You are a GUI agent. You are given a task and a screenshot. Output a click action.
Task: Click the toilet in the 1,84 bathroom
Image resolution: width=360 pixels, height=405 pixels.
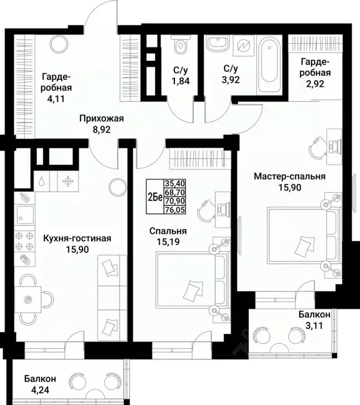click(180, 46)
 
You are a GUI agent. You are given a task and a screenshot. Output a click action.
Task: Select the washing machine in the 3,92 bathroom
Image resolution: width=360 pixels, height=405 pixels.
click(244, 46)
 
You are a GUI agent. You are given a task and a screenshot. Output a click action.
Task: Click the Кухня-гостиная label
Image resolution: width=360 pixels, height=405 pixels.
click(77, 238)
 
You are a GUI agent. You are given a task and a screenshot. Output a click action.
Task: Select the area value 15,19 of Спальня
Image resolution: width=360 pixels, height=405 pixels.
click(168, 242)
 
